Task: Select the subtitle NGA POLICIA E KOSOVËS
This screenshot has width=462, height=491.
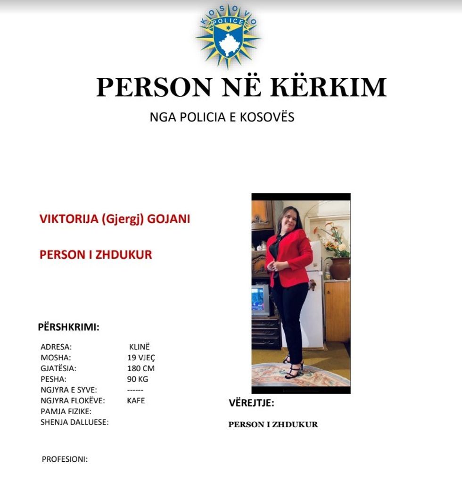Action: (222, 117)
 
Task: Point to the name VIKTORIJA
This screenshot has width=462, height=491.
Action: (69, 219)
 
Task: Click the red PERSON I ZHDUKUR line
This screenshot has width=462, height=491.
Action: (96, 255)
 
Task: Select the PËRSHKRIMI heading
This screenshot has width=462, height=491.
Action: (68, 327)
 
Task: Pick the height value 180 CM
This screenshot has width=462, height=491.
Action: (140, 368)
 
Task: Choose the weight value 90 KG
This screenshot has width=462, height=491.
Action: (138, 379)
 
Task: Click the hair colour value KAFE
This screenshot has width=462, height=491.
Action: (136, 401)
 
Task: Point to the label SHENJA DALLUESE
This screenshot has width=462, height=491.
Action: (74, 422)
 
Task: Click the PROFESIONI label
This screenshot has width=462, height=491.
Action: (65, 459)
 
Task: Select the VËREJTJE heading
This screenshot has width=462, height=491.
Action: (251, 403)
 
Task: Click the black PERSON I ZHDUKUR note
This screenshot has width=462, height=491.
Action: (273, 424)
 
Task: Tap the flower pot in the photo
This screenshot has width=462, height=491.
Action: (339, 267)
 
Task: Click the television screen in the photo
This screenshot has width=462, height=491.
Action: (259, 300)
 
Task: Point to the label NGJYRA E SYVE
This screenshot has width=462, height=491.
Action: (69, 390)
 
